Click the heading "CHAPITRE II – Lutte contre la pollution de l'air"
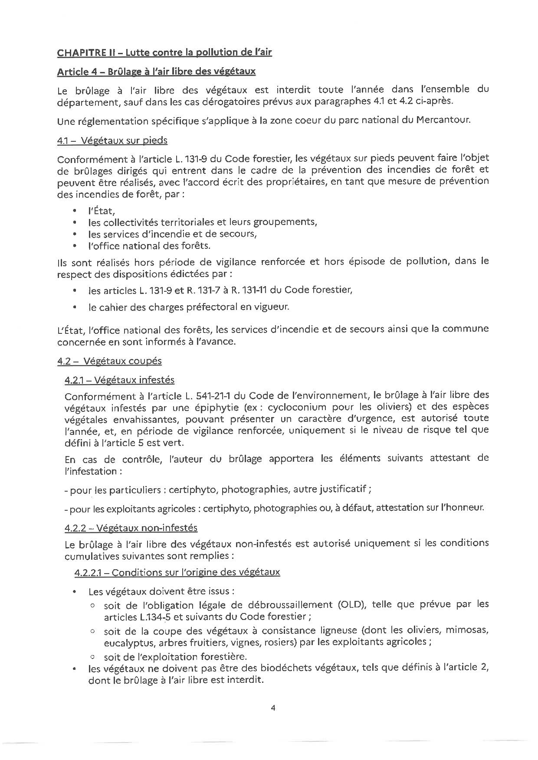164,52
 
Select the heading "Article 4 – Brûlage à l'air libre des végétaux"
156,71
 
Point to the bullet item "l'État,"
101,211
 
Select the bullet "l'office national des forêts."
149,246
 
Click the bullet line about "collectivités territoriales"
202,222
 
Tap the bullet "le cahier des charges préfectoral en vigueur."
188,307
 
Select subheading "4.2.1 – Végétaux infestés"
119,380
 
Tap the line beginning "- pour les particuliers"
217,489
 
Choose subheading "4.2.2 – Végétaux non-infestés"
131,528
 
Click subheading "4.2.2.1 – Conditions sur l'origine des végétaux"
177,572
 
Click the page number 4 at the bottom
273,708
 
